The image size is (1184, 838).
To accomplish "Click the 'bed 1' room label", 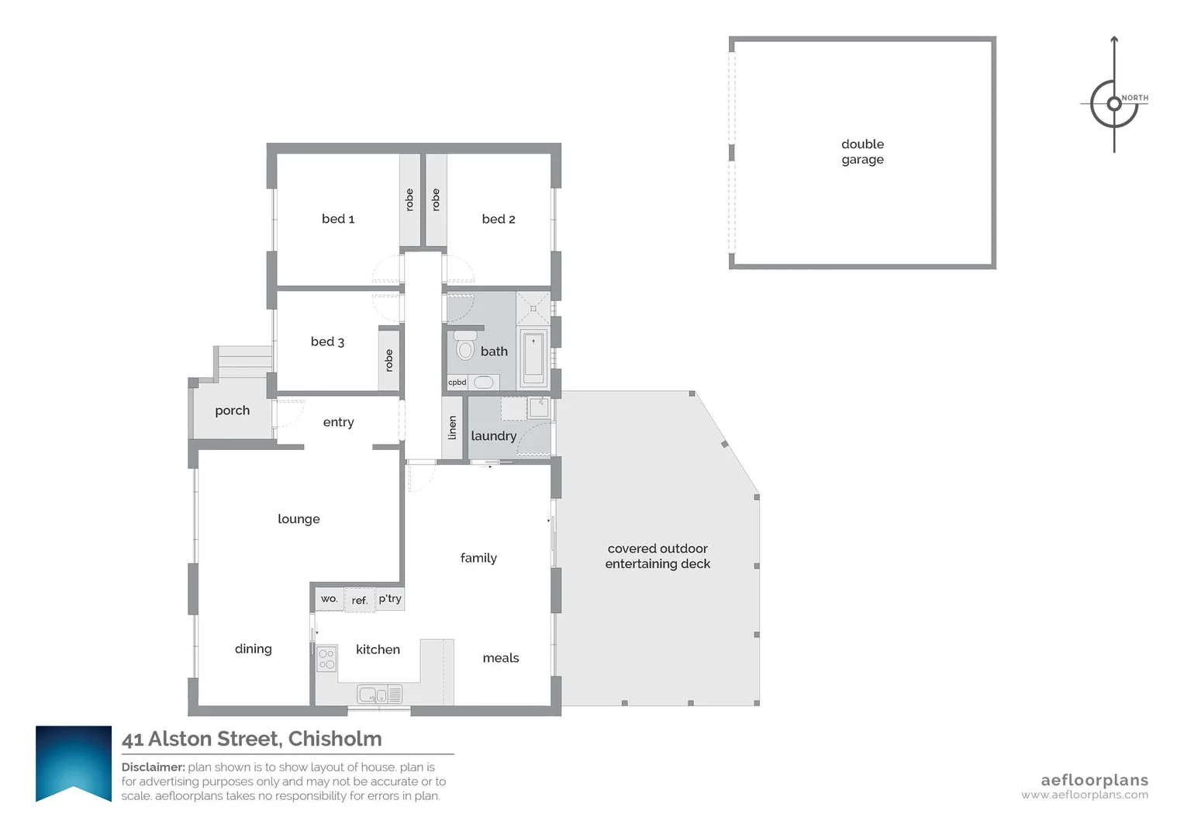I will point(338,219).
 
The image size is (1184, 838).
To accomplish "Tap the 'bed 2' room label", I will point(498,219).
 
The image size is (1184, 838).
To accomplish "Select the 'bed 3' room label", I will point(327,341).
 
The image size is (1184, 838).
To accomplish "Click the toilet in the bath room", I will point(465,347).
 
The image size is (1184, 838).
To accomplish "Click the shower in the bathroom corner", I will point(533,308).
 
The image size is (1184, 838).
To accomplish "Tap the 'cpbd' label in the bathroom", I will point(457,383).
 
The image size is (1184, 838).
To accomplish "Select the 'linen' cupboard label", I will point(453,428).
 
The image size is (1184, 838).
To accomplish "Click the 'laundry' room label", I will point(493,436).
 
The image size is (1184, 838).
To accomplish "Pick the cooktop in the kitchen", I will point(326,659).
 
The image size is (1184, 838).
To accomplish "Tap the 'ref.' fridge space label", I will point(359,601).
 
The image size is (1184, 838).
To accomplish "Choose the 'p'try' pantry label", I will point(390,599).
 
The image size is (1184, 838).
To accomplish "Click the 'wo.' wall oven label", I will point(329,599).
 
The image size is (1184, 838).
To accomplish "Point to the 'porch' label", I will point(232,410).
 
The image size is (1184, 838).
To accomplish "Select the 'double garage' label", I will point(862,152).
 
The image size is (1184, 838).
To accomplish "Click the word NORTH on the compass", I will point(1135,98).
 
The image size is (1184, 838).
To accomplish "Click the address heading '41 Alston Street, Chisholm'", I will point(252,739).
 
